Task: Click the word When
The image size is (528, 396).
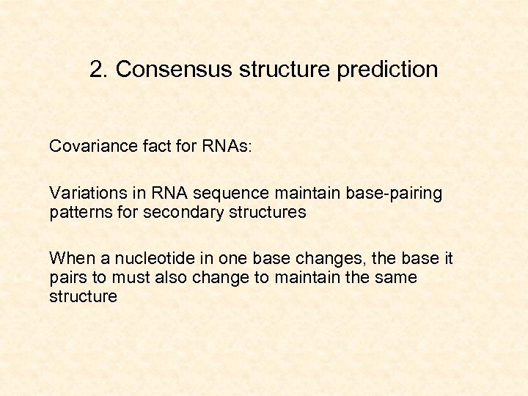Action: click(68, 258)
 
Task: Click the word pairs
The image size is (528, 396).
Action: click(67, 278)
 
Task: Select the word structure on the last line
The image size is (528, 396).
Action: click(83, 296)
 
